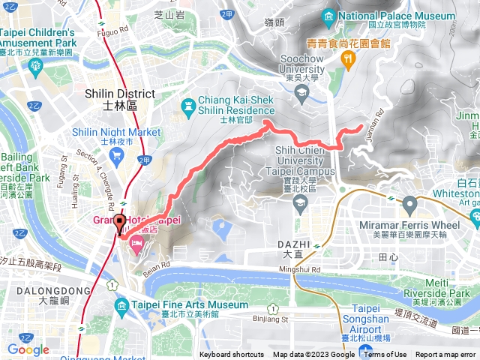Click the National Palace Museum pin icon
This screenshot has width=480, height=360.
[x=328, y=16]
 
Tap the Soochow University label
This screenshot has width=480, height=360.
[x=301, y=63]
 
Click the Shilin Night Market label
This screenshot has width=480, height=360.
[x=116, y=132]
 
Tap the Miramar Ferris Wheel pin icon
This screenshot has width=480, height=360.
[x=409, y=203]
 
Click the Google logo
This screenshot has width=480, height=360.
[x=28, y=349]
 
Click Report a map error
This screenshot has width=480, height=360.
[x=446, y=355]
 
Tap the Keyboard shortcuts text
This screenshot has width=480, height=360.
[x=232, y=355]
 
